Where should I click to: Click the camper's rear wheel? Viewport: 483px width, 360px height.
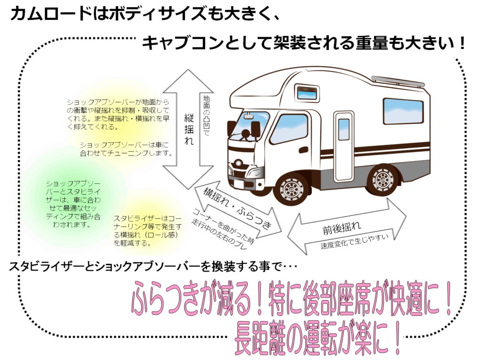pyautogui.click(x=383, y=180)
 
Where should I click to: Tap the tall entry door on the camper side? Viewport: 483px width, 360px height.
pyautogui.click(x=344, y=141)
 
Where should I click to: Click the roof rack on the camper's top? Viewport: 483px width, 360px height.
pyautogui.click(x=398, y=81)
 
